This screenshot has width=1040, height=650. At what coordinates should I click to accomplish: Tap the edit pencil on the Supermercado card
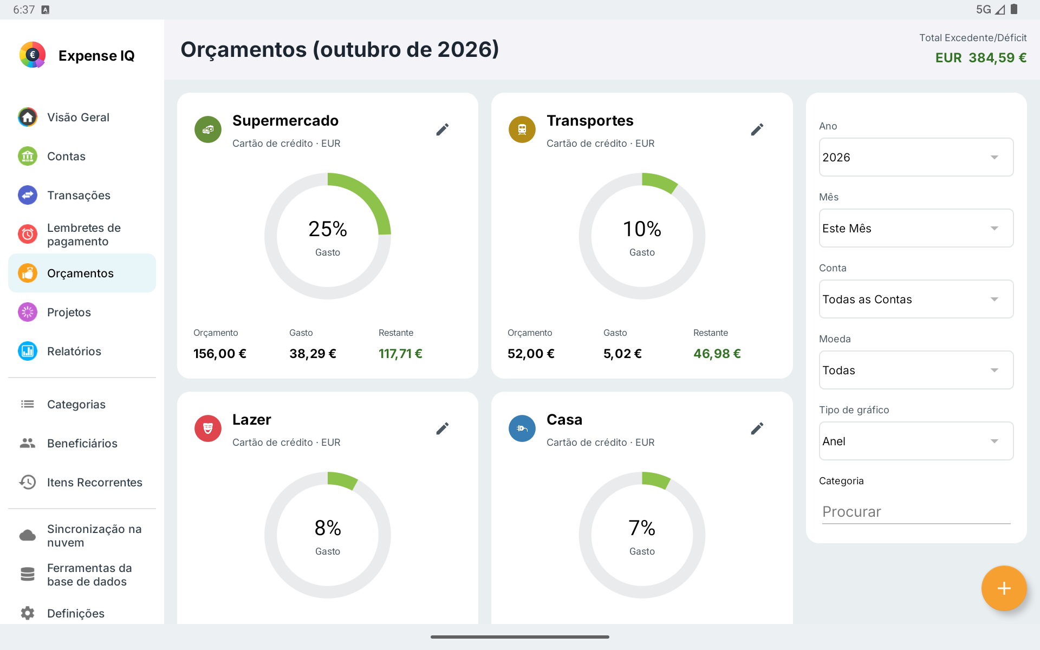point(443,129)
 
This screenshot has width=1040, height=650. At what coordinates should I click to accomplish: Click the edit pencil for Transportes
point(757,129)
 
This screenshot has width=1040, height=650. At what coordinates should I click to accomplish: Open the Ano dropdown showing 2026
point(916,157)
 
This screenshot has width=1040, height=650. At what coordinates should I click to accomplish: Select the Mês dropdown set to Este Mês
point(916,228)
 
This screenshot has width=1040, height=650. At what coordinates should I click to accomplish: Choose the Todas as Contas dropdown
point(916,299)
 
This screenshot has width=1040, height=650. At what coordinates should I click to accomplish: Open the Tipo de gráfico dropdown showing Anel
point(916,441)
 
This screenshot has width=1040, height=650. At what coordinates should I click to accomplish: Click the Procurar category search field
point(916,512)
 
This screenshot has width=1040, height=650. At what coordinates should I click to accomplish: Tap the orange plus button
point(1004,588)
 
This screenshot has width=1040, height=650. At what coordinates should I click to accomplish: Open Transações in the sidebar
point(79,195)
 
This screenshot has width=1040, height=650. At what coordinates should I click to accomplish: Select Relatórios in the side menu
point(74,351)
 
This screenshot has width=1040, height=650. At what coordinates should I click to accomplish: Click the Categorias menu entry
point(76,404)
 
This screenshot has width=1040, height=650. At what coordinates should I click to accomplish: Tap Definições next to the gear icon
point(76,613)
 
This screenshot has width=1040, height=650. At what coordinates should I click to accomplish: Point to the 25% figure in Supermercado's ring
point(328,229)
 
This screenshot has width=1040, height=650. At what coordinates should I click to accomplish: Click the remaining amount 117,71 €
point(400,354)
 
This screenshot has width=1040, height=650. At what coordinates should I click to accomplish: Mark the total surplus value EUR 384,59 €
point(981,57)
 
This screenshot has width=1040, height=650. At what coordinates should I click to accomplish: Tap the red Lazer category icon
point(208,428)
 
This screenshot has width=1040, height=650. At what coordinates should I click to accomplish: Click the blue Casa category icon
point(522,428)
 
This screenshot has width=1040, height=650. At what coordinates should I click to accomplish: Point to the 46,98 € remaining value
point(717,354)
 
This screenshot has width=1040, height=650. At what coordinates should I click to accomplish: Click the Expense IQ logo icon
point(32,55)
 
